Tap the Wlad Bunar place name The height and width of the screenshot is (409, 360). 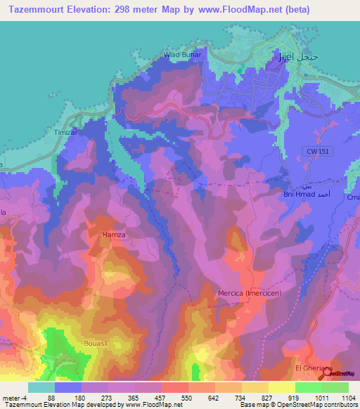click(x=182, y=54)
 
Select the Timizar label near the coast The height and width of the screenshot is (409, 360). click(x=65, y=132)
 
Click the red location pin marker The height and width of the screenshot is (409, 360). click(x=323, y=375)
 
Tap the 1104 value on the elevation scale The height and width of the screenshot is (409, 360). click(x=348, y=398)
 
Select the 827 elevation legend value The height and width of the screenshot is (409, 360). click(x=267, y=398)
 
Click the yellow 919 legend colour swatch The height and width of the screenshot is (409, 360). click(x=281, y=387)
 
